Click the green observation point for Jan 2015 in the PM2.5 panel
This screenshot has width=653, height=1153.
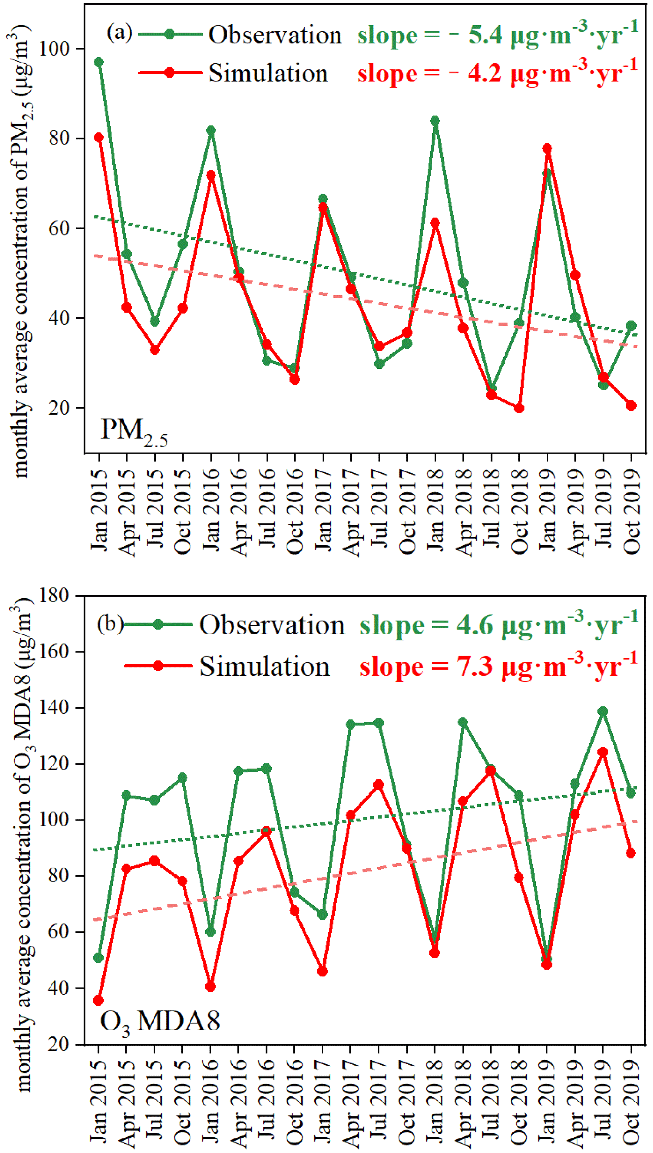pyautogui.click(x=99, y=62)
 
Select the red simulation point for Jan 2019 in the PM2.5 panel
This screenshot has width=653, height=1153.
pyautogui.click(x=547, y=148)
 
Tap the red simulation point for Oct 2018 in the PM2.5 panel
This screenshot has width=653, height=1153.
pyautogui.click(x=519, y=408)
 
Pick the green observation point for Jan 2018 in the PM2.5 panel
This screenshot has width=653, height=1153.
pyautogui.click(x=435, y=121)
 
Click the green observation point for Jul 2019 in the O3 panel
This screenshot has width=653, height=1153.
pyautogui.click(x=603, y=712)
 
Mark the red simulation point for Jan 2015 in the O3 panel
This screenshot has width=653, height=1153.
pyautogui.click(x=99, y=1000)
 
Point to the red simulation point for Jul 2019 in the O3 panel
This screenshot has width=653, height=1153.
pyautogui.click(x=603, y=752)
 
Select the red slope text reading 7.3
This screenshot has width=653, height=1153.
pyautogui.click(x=498, y=667)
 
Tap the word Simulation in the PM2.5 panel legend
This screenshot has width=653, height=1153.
pyautogui.click(x=268, y=73)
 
